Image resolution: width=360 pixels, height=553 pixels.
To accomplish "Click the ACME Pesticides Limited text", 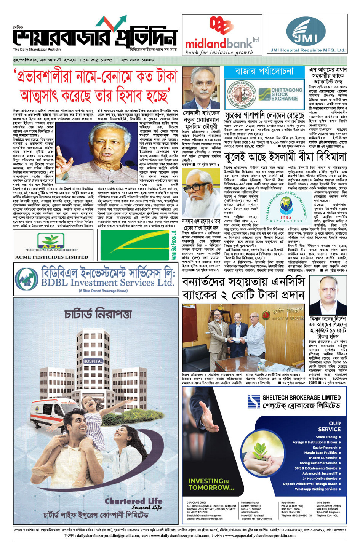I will click(x=51, y=257).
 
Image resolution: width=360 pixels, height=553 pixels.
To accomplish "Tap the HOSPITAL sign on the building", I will click(x=93, y=361).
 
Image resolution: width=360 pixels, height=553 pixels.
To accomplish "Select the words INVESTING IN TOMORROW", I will click(x=211, y=484).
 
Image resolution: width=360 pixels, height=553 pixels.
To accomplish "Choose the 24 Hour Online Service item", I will click(x=320, y=479).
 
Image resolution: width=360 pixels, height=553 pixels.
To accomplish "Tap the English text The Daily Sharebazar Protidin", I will click(x=37, y=50).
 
